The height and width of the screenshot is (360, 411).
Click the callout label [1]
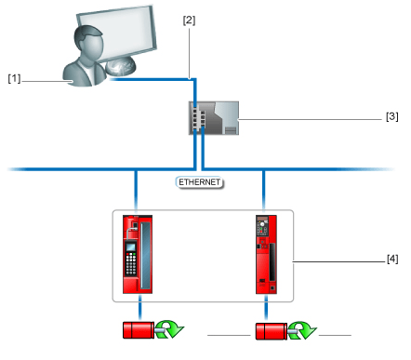(14, 79)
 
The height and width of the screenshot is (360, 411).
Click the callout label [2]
(189, 20)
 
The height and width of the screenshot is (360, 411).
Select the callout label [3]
(392, 116)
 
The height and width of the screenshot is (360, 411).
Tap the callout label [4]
(392, 259)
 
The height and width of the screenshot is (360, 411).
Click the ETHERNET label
(200, 182)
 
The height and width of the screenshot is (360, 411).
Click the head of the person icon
(88, 42)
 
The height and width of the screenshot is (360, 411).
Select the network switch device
(214, 118)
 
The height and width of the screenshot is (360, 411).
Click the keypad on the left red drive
(131, 264)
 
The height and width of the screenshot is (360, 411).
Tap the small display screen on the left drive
(131, 247)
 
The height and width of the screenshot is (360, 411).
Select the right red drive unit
(266, 254)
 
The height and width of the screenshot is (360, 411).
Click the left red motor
(139, 330)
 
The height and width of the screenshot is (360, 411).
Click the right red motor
(272, 331)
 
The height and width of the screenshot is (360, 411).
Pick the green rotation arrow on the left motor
(169, 329)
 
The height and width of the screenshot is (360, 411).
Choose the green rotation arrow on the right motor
(302, 330)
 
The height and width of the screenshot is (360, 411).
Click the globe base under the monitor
(120, 67)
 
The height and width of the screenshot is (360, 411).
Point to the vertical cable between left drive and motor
(140, 308)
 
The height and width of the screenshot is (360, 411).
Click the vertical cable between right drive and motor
(266, 309)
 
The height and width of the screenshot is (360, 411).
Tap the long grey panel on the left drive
(146, 256)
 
